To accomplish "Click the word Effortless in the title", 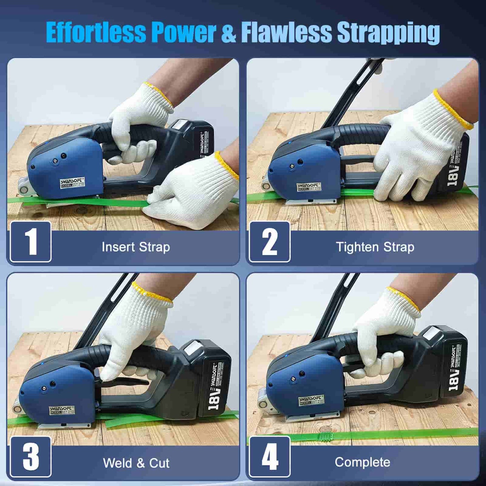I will tap(96, 33).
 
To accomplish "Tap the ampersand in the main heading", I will tap(229, 33).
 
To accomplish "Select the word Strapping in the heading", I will tap(388, 33).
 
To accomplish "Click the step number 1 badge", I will tap(31, 241).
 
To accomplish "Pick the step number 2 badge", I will tap(270, 241).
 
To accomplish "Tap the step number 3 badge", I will tap(31, 456).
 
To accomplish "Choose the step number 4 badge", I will tap(270, 456).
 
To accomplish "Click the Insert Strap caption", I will tap(136, 247).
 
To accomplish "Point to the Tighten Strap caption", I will tap(375, 247).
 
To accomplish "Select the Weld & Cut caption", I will tap(136, 463).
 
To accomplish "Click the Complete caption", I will tap(362, 462).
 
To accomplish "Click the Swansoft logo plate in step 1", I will tap(72, 183).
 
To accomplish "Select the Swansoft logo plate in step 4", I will tap(311, 400).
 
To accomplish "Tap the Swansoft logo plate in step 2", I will tap(309, 187).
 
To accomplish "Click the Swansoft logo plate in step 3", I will tap(62, 410).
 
